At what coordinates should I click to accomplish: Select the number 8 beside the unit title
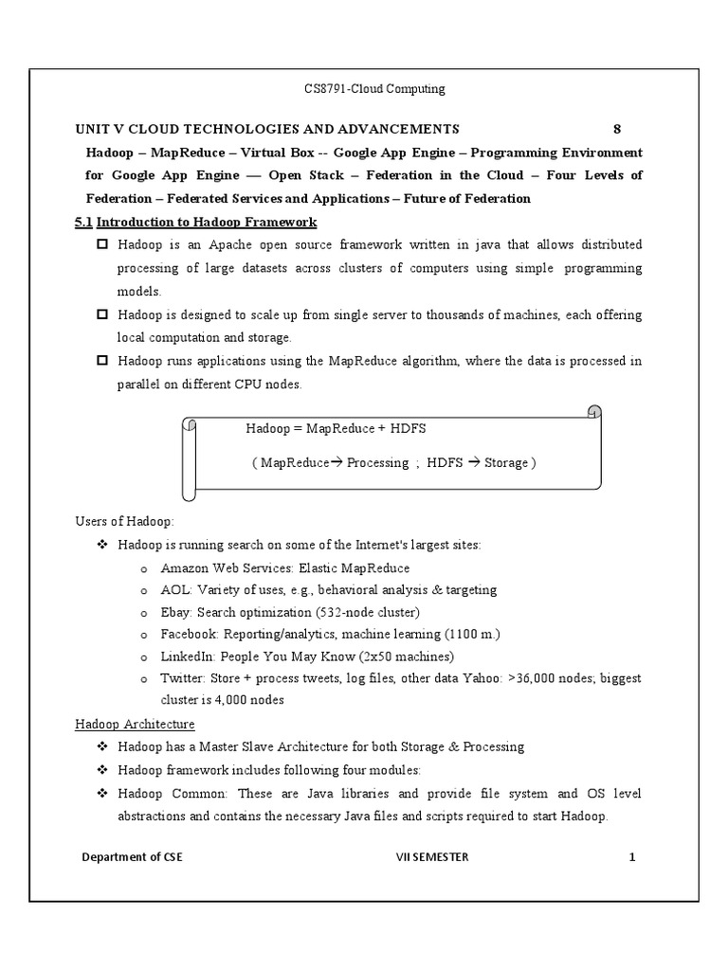click(x=617, y=129)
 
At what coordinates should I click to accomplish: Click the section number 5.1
click(x=83, y=222)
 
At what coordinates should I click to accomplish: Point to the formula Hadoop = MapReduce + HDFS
click(x=336, y=428)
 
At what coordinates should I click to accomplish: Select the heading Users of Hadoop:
click(x=124, y=522)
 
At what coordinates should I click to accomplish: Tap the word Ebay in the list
click(x=176, y=612)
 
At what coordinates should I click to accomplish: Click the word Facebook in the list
click(x=188, y=634)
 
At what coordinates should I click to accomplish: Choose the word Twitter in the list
click(x=182, y=678)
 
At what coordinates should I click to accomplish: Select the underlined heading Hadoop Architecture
click(x=135, y=725)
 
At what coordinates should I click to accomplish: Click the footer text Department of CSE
click(x=132, y=857)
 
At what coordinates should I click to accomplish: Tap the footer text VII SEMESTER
click(x=431, y=857)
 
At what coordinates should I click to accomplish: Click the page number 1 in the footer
click(x=631, y=857)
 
